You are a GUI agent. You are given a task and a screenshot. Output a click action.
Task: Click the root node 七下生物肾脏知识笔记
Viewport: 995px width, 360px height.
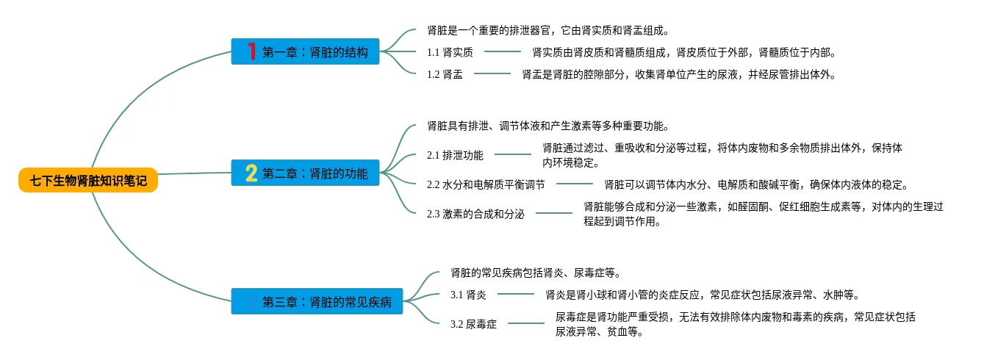click(88, 180)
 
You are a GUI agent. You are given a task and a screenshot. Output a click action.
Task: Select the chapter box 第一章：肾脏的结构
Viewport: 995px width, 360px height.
click(305, 51)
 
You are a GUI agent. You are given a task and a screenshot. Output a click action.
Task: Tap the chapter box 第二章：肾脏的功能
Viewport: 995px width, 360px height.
click(305, 173)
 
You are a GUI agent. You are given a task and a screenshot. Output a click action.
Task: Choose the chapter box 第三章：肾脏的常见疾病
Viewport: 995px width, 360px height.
click(317, 301)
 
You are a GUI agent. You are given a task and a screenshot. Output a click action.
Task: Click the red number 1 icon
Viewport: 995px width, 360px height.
click(251, 51)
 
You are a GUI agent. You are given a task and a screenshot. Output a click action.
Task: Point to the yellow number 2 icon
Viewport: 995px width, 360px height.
click(251, 173)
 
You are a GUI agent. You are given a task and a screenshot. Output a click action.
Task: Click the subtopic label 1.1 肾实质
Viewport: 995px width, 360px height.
click(450, 52)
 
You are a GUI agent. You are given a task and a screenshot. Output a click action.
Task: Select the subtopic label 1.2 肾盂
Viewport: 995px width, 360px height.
click(445, 74)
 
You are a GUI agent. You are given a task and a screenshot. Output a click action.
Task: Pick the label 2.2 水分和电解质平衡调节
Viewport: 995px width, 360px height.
click(486, 184)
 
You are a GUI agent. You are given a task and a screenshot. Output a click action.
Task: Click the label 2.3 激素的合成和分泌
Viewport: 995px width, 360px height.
click(475, 214)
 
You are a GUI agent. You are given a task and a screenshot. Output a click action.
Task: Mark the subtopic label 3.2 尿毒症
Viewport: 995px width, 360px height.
click(473, 324)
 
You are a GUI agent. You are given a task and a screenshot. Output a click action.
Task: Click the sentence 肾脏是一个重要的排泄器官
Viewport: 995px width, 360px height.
click(547, 30)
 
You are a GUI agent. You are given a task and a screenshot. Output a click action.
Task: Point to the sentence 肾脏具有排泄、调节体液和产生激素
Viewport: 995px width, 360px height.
click(547, 126)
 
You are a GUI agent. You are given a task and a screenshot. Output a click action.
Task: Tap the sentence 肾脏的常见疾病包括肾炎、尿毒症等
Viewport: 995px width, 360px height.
click(536, 273)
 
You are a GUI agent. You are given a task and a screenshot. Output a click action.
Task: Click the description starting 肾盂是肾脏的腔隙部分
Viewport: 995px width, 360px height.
click(679, 74)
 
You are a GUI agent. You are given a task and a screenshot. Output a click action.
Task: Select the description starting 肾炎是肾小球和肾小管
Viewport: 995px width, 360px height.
click(702, 295)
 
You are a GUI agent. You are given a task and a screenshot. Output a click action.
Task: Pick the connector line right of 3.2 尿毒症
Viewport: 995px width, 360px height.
click(526, 323)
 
